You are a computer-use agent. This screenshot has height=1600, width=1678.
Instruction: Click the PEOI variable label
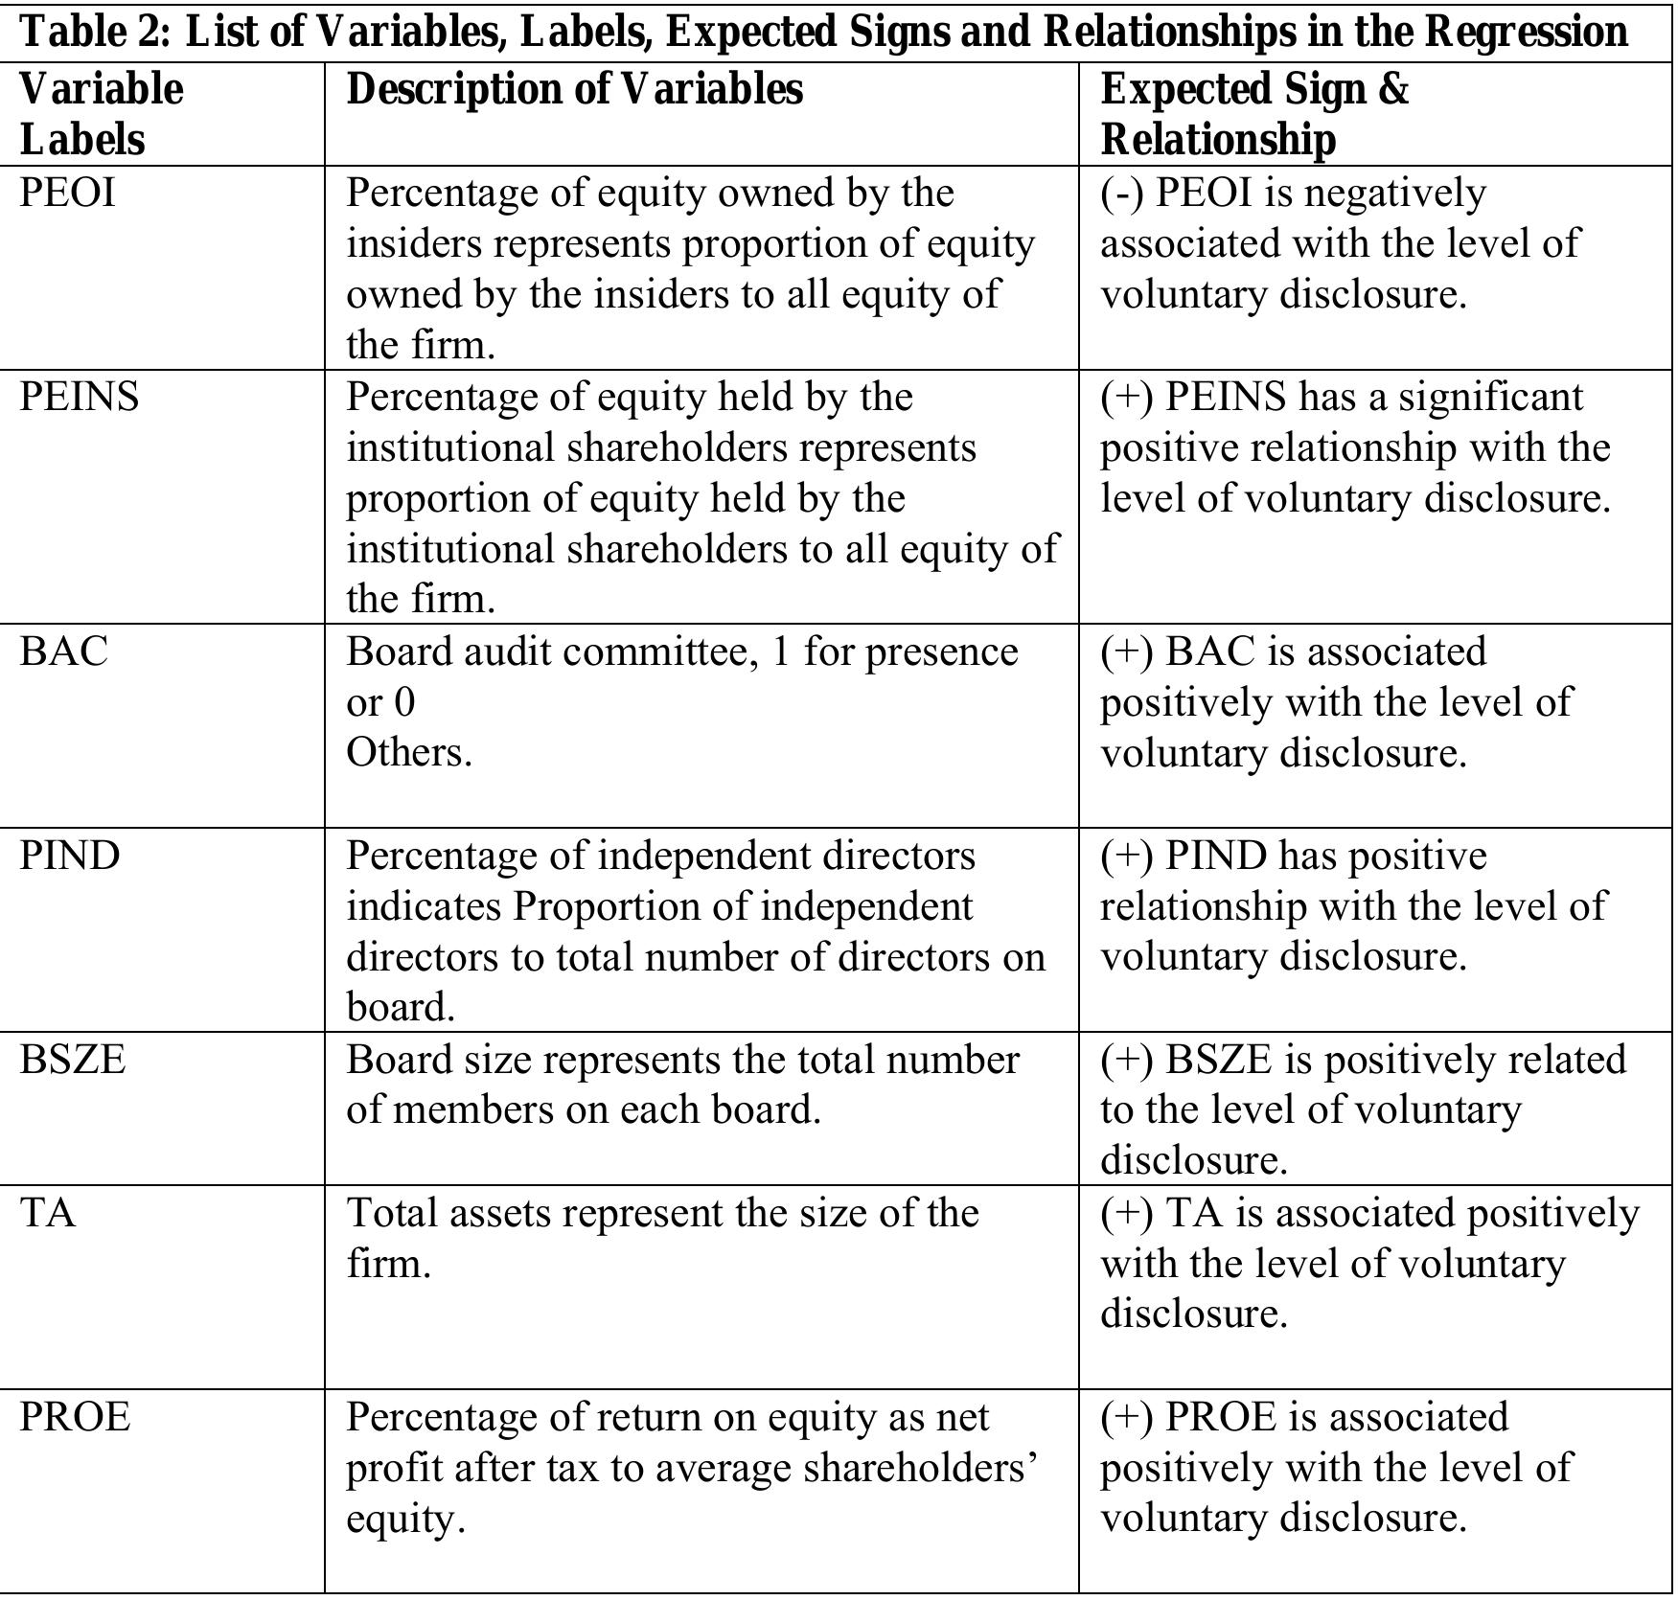pyautogui.click(x=67, y=194)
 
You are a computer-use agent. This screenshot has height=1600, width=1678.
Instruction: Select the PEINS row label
pyautogui.click(x=80, y=397)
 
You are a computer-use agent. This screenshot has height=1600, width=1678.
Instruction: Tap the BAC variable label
pyautogui.click(x=64, y=651)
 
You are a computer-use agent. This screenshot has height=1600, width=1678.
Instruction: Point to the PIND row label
pyautogui.click(x=70, y=856)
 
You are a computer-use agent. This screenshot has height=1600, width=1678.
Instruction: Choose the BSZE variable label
pyautogui.click(x=73, y=1060)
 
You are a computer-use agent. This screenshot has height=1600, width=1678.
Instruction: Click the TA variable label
pyautogui.click(x=48, y=1213)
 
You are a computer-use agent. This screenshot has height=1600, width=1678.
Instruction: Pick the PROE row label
pyautogui.click(x=75, y=1417)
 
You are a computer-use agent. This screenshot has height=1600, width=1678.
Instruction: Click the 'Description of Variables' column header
pyautogui.click(x=574, y=89)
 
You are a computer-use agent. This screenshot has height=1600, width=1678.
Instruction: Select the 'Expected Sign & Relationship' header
pyautogui.click(x=1254, y=114)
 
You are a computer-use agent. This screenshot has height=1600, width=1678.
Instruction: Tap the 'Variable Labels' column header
pyautogui.click(x=101, y=114)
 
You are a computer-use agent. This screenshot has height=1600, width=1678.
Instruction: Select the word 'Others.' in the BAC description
pyautogui.click(x=409, y=753)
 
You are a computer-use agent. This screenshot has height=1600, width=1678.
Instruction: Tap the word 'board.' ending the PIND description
pyautogui.click(x=401, y=1007)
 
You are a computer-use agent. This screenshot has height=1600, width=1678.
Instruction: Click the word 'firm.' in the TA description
pyautogui.click(x=388, y=1264)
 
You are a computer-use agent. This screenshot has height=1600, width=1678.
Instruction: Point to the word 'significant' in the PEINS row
pyautogui.click(x=1491, y=397)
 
